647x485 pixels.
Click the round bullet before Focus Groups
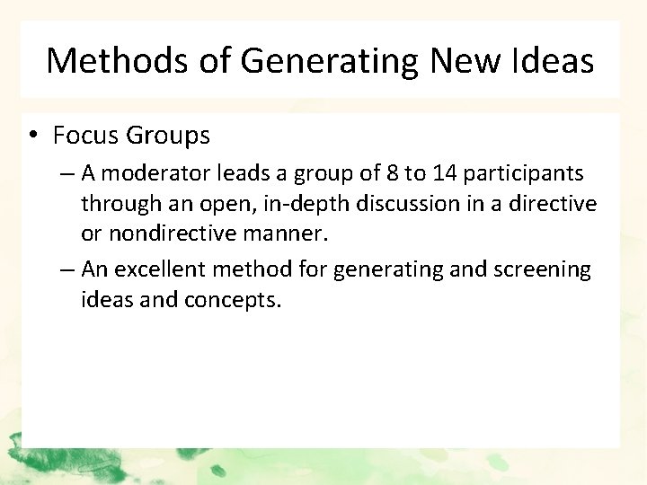coord(31,137)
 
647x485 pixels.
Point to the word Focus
coord(86,136)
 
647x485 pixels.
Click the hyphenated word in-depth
coord(308,204)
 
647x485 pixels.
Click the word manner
coord(293,234)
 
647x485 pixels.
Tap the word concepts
coord(233,299)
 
